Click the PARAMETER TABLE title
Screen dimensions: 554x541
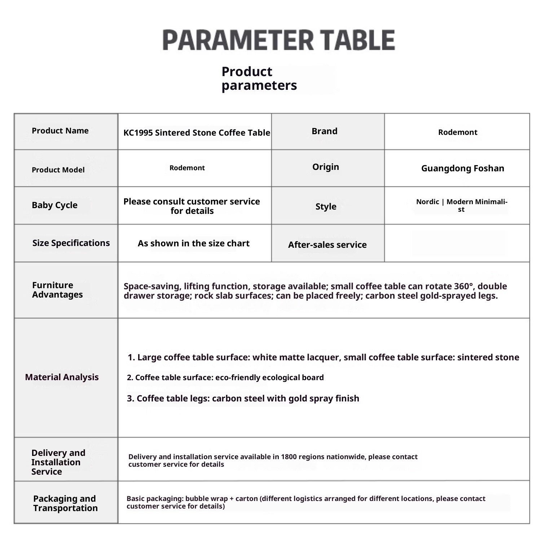[x=278, y=40]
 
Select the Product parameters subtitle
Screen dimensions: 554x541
[x=259, y=78]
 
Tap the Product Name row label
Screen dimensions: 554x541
[x=60, y=131]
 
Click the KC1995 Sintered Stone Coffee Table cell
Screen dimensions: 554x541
[x=197, y=133]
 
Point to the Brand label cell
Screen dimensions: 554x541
[x=325, y=131]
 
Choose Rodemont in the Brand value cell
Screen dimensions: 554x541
[x=457, y=132]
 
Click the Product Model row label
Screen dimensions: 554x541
[x=58, y=170]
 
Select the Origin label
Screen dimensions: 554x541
[x=326, y=167]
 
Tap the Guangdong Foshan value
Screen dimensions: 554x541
[x=462, y=168]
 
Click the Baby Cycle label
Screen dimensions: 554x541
[x=54, y=205]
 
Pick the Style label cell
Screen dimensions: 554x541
[x=326, y=207]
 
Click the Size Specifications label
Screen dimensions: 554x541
[x=71, y=243]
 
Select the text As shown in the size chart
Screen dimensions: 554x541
[x=193, y=243]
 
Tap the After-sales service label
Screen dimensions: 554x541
[x=327, y=245]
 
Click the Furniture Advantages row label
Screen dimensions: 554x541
[x=57, y=290]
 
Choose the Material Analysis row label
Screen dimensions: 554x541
[x=62, y=377]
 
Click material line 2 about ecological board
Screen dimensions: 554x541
[x=225, y=378]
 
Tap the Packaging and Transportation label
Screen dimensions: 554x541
[x=65, y=504]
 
